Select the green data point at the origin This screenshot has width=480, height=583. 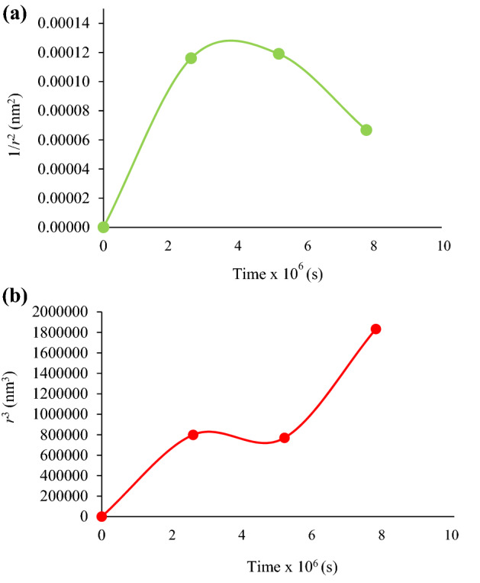click(x=104, y=227)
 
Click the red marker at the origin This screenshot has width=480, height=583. click(x=101, y=517)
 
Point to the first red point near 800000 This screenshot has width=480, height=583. click(x=193, y=435)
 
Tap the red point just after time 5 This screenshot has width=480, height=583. click(x=285, y=438)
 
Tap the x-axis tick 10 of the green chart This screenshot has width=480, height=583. click(x=443, y=245)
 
